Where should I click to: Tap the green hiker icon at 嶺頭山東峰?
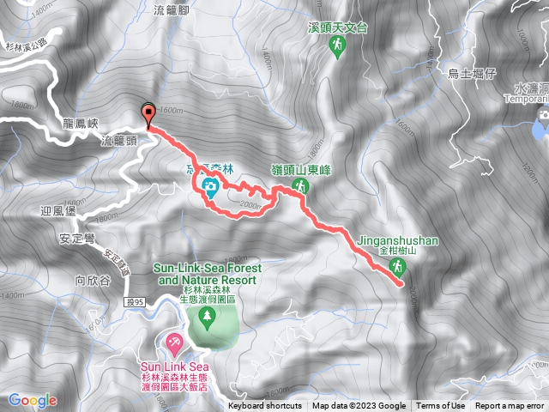(x=300, y=186)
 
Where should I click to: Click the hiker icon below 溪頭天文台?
(x=337, y=48)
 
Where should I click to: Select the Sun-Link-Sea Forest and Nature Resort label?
(x=207, y=274)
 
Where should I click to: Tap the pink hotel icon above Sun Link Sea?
(x=174, y=345)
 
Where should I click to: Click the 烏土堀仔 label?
(x=474, y=75)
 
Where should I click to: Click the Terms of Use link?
(x=441, y=406)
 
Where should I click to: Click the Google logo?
(x=33, y=400)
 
